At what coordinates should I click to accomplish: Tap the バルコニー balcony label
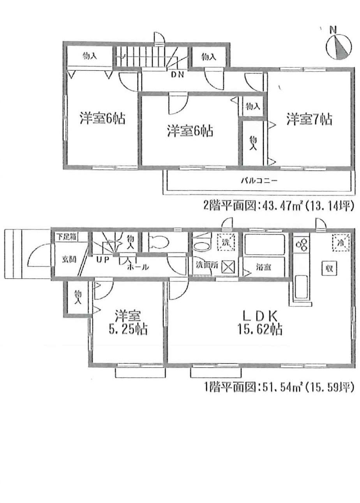pyautogui.click(x=258, y=181)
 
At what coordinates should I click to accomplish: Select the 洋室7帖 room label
pyautogui.click(x=309, y=119)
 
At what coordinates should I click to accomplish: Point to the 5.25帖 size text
pyautogui.click(x=127, y=330)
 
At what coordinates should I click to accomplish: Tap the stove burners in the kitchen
pyautogui.click(x=301, y=245)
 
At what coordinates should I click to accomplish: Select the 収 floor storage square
pyautogui.click(x=329, y=268)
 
